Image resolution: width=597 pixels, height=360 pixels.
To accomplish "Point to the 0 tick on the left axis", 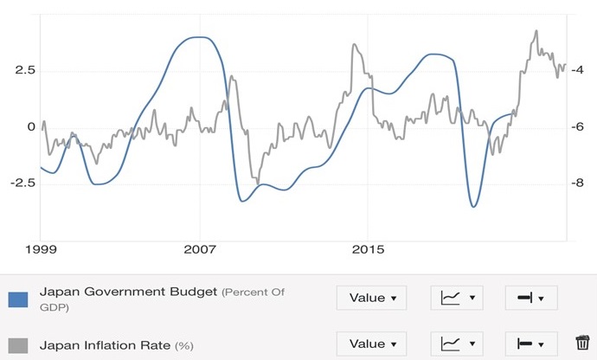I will tap(31, 126).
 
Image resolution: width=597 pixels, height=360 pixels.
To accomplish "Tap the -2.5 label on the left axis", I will tap(22, 183).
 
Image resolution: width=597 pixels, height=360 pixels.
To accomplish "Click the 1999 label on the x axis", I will tap(42, 251).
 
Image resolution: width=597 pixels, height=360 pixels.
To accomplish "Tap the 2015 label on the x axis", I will tap(367, 251).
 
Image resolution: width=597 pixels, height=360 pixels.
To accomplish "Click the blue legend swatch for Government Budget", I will tap(19, 299).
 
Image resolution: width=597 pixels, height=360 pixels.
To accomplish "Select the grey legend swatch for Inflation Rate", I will tap(19, 345).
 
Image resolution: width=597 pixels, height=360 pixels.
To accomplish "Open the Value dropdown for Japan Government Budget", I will tap(371, 298).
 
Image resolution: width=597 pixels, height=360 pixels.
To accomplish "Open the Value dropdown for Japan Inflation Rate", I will tap(371, 344).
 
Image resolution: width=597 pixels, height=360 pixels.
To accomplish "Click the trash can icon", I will tap(581, 344).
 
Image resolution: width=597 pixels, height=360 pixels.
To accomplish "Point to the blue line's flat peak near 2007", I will tap(200, 37).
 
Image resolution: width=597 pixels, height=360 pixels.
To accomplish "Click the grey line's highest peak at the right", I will tap(536, 31).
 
